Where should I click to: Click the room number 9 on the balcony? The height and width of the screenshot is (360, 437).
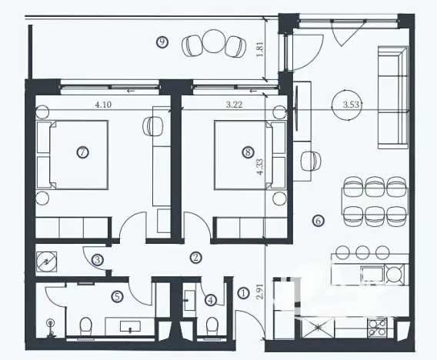(x=162, y=42)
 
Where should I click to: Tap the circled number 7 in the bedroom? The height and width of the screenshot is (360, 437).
(x=82, y=152)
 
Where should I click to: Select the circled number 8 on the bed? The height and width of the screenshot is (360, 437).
(x=247, y=152)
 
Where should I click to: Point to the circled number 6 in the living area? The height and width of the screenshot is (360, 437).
(x=318, y=221)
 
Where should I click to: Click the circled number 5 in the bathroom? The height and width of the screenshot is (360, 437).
(x=117, y=295)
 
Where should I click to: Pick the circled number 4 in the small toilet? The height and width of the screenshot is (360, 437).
(x=211, y=300)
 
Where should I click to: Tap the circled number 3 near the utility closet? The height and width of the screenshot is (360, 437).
(x=98, y=260)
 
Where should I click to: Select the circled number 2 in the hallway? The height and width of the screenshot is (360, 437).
(x=196, y=258)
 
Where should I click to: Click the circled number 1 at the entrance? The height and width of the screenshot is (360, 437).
(x=244, y=292)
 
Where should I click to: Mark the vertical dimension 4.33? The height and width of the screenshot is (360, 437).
(x=261, y=168)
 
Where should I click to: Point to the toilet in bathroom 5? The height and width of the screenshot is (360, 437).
(x=86, y=326)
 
